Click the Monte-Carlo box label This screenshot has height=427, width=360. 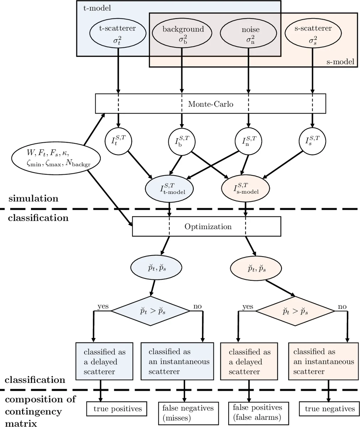click(x=211, y=104)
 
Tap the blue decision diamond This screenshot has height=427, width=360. click(x=150, y=311)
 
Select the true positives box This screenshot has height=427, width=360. click(x=118, y=409)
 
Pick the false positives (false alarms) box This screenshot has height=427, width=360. click(x=257, y=412)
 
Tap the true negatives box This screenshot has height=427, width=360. click(x=329, y=409)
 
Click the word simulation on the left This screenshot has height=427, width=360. click(x=33, y=198)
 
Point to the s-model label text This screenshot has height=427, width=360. click(x=340, y=62)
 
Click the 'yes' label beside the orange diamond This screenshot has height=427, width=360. click(x=247, y=306)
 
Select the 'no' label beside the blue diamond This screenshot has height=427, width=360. click(x=197, y=306)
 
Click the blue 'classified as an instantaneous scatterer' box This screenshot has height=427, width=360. click(x=177, y=362)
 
